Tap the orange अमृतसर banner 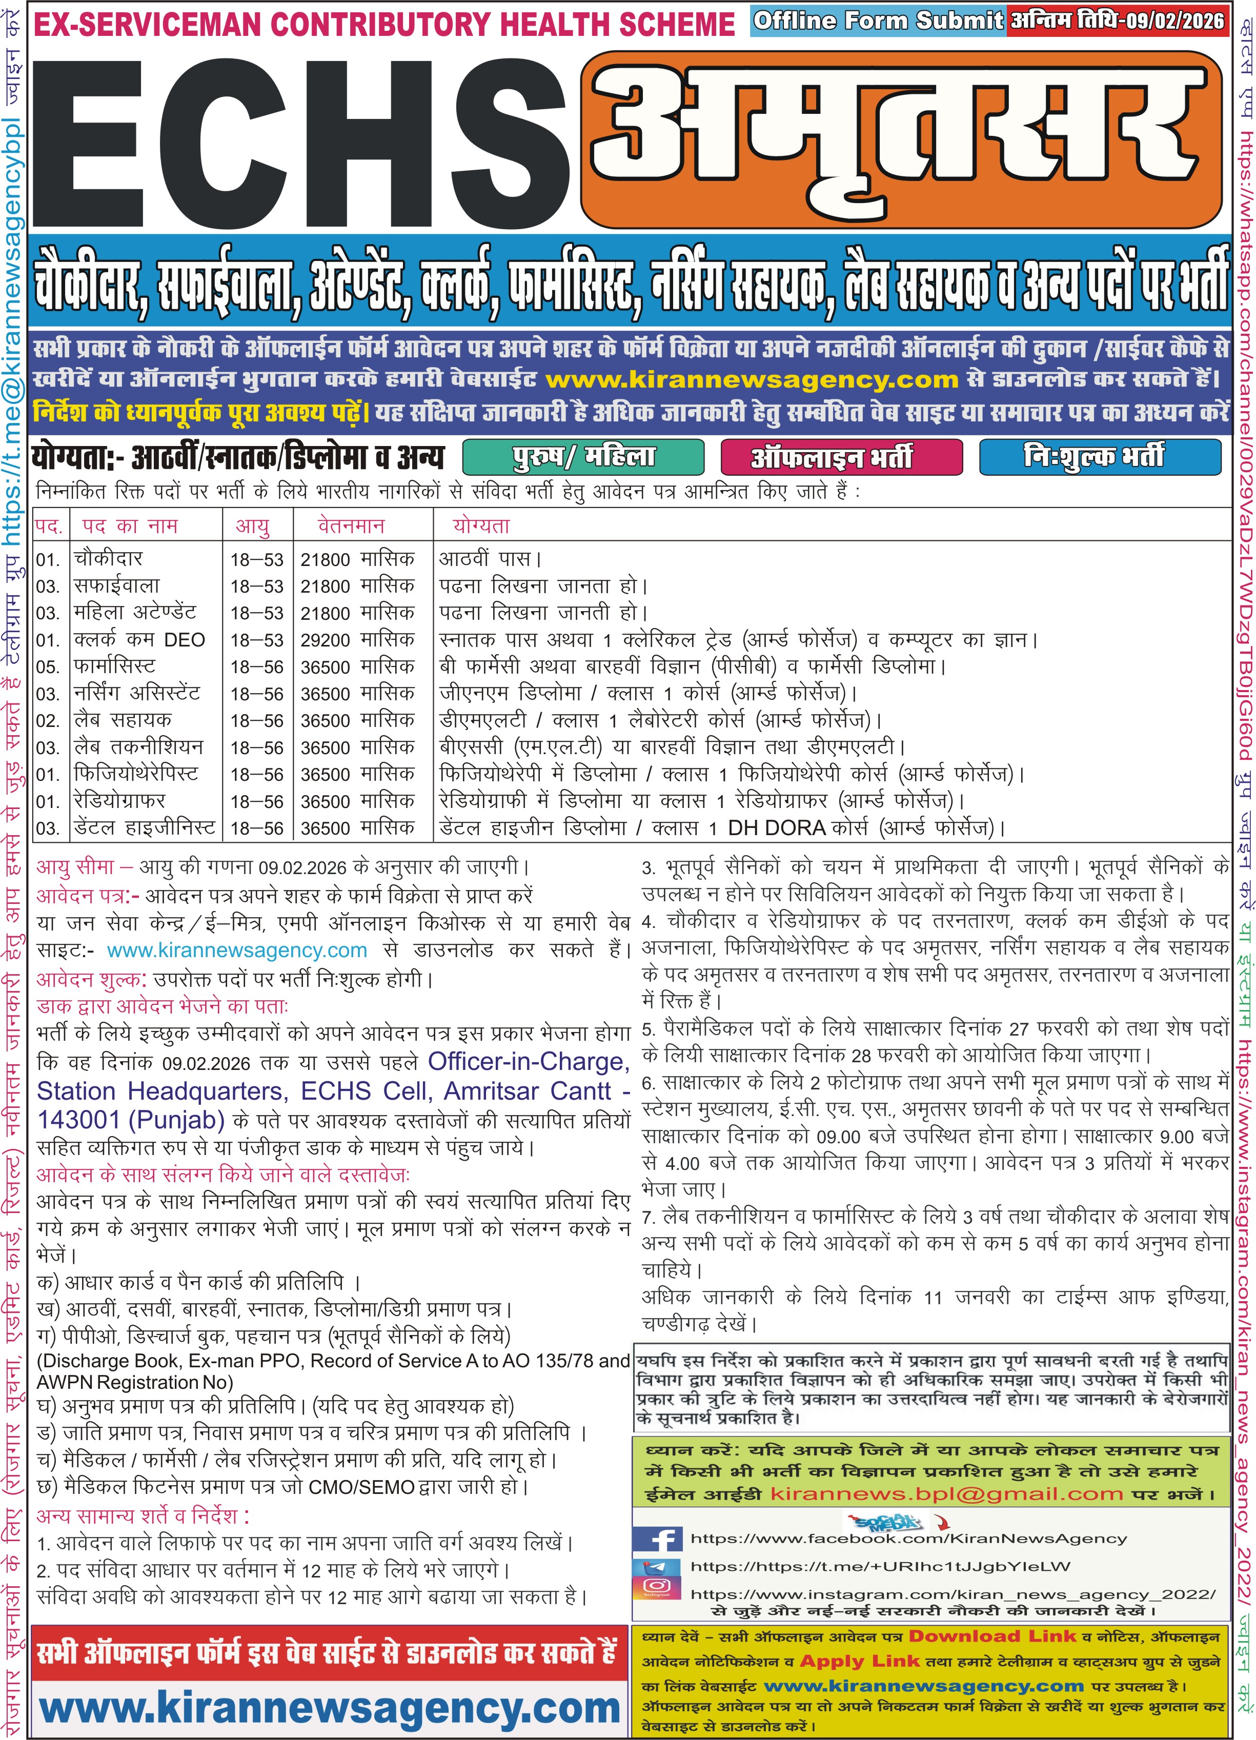tap(902, 138)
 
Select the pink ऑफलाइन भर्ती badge tap(841, 457)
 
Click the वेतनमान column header tap(351, 527)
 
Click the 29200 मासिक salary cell tap(357, 640)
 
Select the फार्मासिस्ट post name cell tap(114, 666)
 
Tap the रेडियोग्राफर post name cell tap(119, 801)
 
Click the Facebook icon tap(657, 1539)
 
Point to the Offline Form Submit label tap(878, 21)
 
